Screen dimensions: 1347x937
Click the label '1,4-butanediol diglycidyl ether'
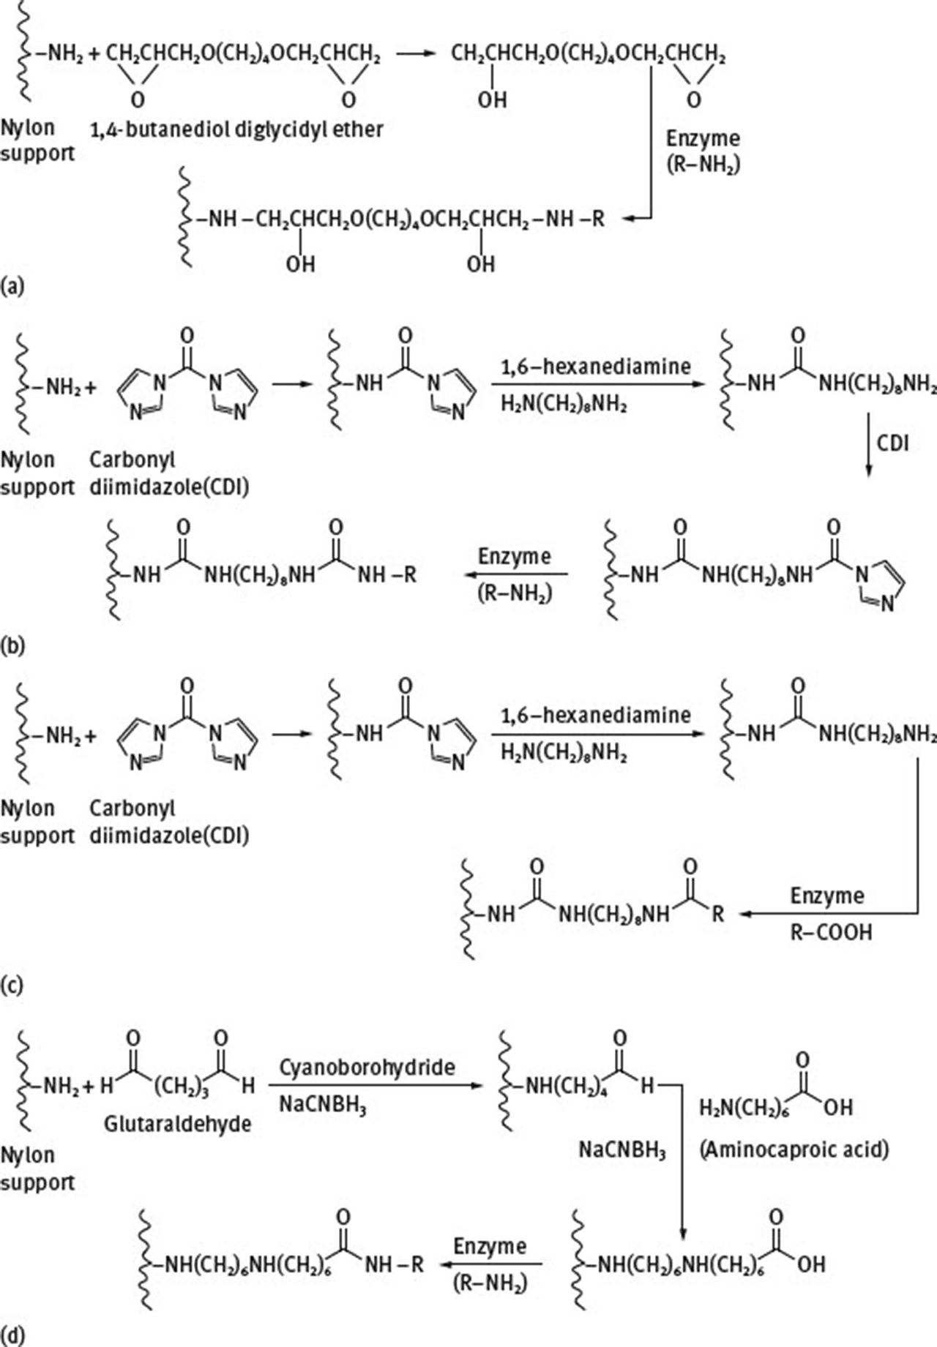[236, 130]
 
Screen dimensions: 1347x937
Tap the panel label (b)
[12, 647]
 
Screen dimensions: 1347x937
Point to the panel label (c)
[12, 986]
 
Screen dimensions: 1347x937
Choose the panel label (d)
[12, 1335]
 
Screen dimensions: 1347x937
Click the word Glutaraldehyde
[177, 1123]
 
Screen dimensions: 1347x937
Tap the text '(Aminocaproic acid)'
[794, 1149]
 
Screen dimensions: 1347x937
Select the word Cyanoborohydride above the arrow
[367, 1068]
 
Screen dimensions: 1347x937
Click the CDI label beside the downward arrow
[892, 443]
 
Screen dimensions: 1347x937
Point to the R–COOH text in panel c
[830, 933]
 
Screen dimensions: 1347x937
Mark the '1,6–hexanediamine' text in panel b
[595, 366]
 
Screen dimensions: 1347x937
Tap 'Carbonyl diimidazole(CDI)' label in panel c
[168, 821]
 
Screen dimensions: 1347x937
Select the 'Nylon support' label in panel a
[37, 140]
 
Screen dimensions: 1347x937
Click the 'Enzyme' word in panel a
[703, 138]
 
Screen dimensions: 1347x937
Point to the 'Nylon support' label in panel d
[37, 1168]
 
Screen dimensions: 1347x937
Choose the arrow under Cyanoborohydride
[381, 1086]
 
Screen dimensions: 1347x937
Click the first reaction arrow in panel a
[414, 54]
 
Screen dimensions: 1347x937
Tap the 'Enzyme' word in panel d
[489, 1246]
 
